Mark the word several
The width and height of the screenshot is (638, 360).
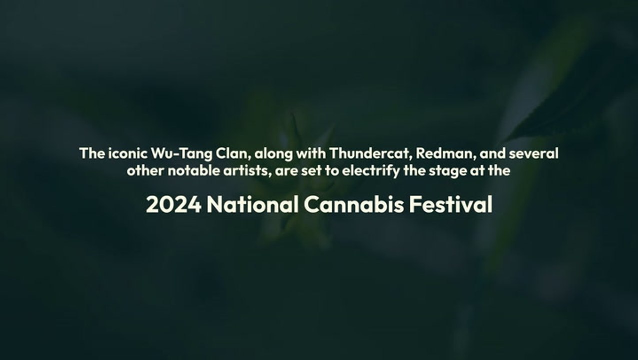536,153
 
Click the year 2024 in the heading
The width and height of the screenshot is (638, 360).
174,205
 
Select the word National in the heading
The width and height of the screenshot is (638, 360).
253,205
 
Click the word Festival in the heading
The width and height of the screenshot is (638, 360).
451,205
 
